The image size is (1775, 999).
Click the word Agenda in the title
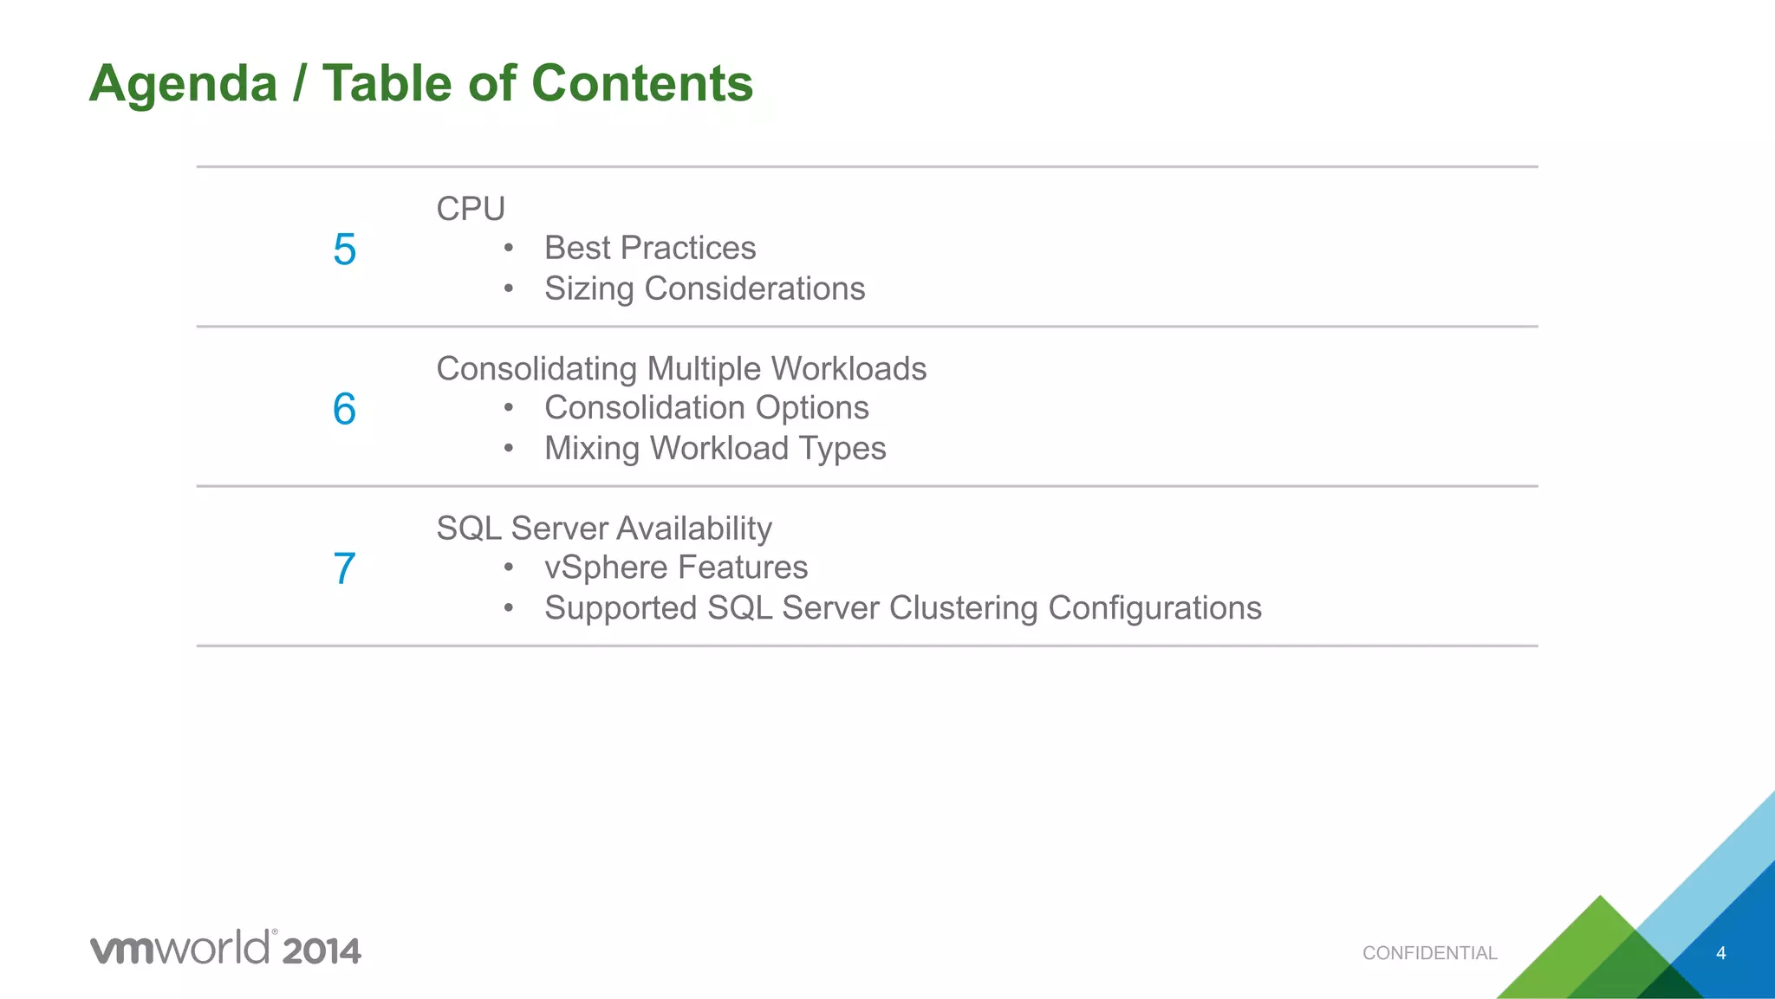coord(183,84)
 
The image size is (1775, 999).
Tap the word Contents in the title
coord(641,84)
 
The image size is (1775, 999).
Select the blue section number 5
coord(344,250)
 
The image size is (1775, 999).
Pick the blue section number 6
coord(344,409)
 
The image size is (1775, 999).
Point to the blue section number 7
coord(344,569)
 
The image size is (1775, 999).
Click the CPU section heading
coord(471,209)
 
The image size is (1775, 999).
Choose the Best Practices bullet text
coord(650,249)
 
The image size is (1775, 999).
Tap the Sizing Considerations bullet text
coord(705,289)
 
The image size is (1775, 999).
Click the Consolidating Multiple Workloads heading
coord(681,369)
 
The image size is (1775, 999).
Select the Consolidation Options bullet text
coord(706,408)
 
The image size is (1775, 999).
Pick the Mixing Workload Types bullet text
coord(715,449)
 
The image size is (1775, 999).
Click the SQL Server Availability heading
coord(604,529)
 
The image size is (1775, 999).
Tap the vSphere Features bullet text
coord(676,568)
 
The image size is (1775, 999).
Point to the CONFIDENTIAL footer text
coord(1429,953)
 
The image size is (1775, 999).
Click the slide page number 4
coord(1720,953)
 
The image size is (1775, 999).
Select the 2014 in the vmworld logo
coord(321,951)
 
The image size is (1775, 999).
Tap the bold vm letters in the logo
coord(122,950)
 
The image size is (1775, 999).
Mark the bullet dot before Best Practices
coord(509,249)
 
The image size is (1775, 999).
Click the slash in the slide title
coord(300,84)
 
